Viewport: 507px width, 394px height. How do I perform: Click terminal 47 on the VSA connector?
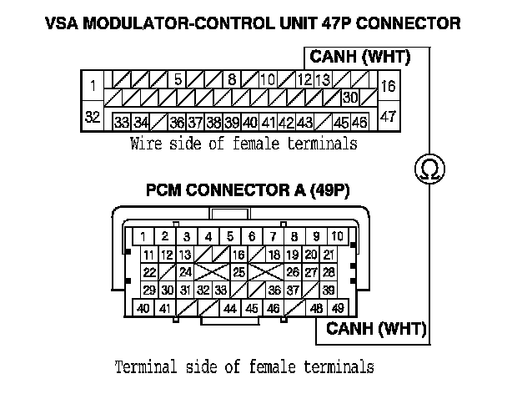[388, 117]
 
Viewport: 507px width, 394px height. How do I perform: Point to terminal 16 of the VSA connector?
[388, 86]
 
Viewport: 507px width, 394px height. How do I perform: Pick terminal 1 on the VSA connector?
[93, 86]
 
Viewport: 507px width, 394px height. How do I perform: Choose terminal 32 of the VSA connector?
[93, 117]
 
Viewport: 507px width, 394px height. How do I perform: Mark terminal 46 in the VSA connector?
[360, 122]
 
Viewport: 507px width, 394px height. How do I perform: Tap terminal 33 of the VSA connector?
[121, 122]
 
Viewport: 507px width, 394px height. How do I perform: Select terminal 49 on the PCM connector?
[337, 309]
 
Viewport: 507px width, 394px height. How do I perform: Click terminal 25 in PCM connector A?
[238, 272]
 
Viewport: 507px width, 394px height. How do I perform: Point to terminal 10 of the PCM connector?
[337, 236]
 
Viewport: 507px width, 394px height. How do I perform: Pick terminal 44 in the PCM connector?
[231, 309]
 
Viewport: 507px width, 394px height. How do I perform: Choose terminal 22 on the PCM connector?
[150, 272]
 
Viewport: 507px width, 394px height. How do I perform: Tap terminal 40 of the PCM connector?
[143, 309]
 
